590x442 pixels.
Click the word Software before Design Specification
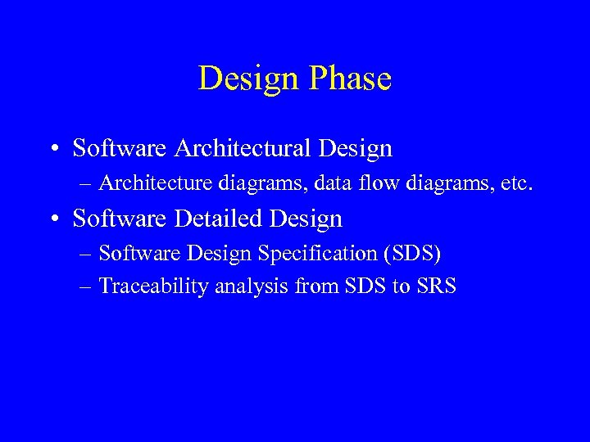(x=133, y=254)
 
